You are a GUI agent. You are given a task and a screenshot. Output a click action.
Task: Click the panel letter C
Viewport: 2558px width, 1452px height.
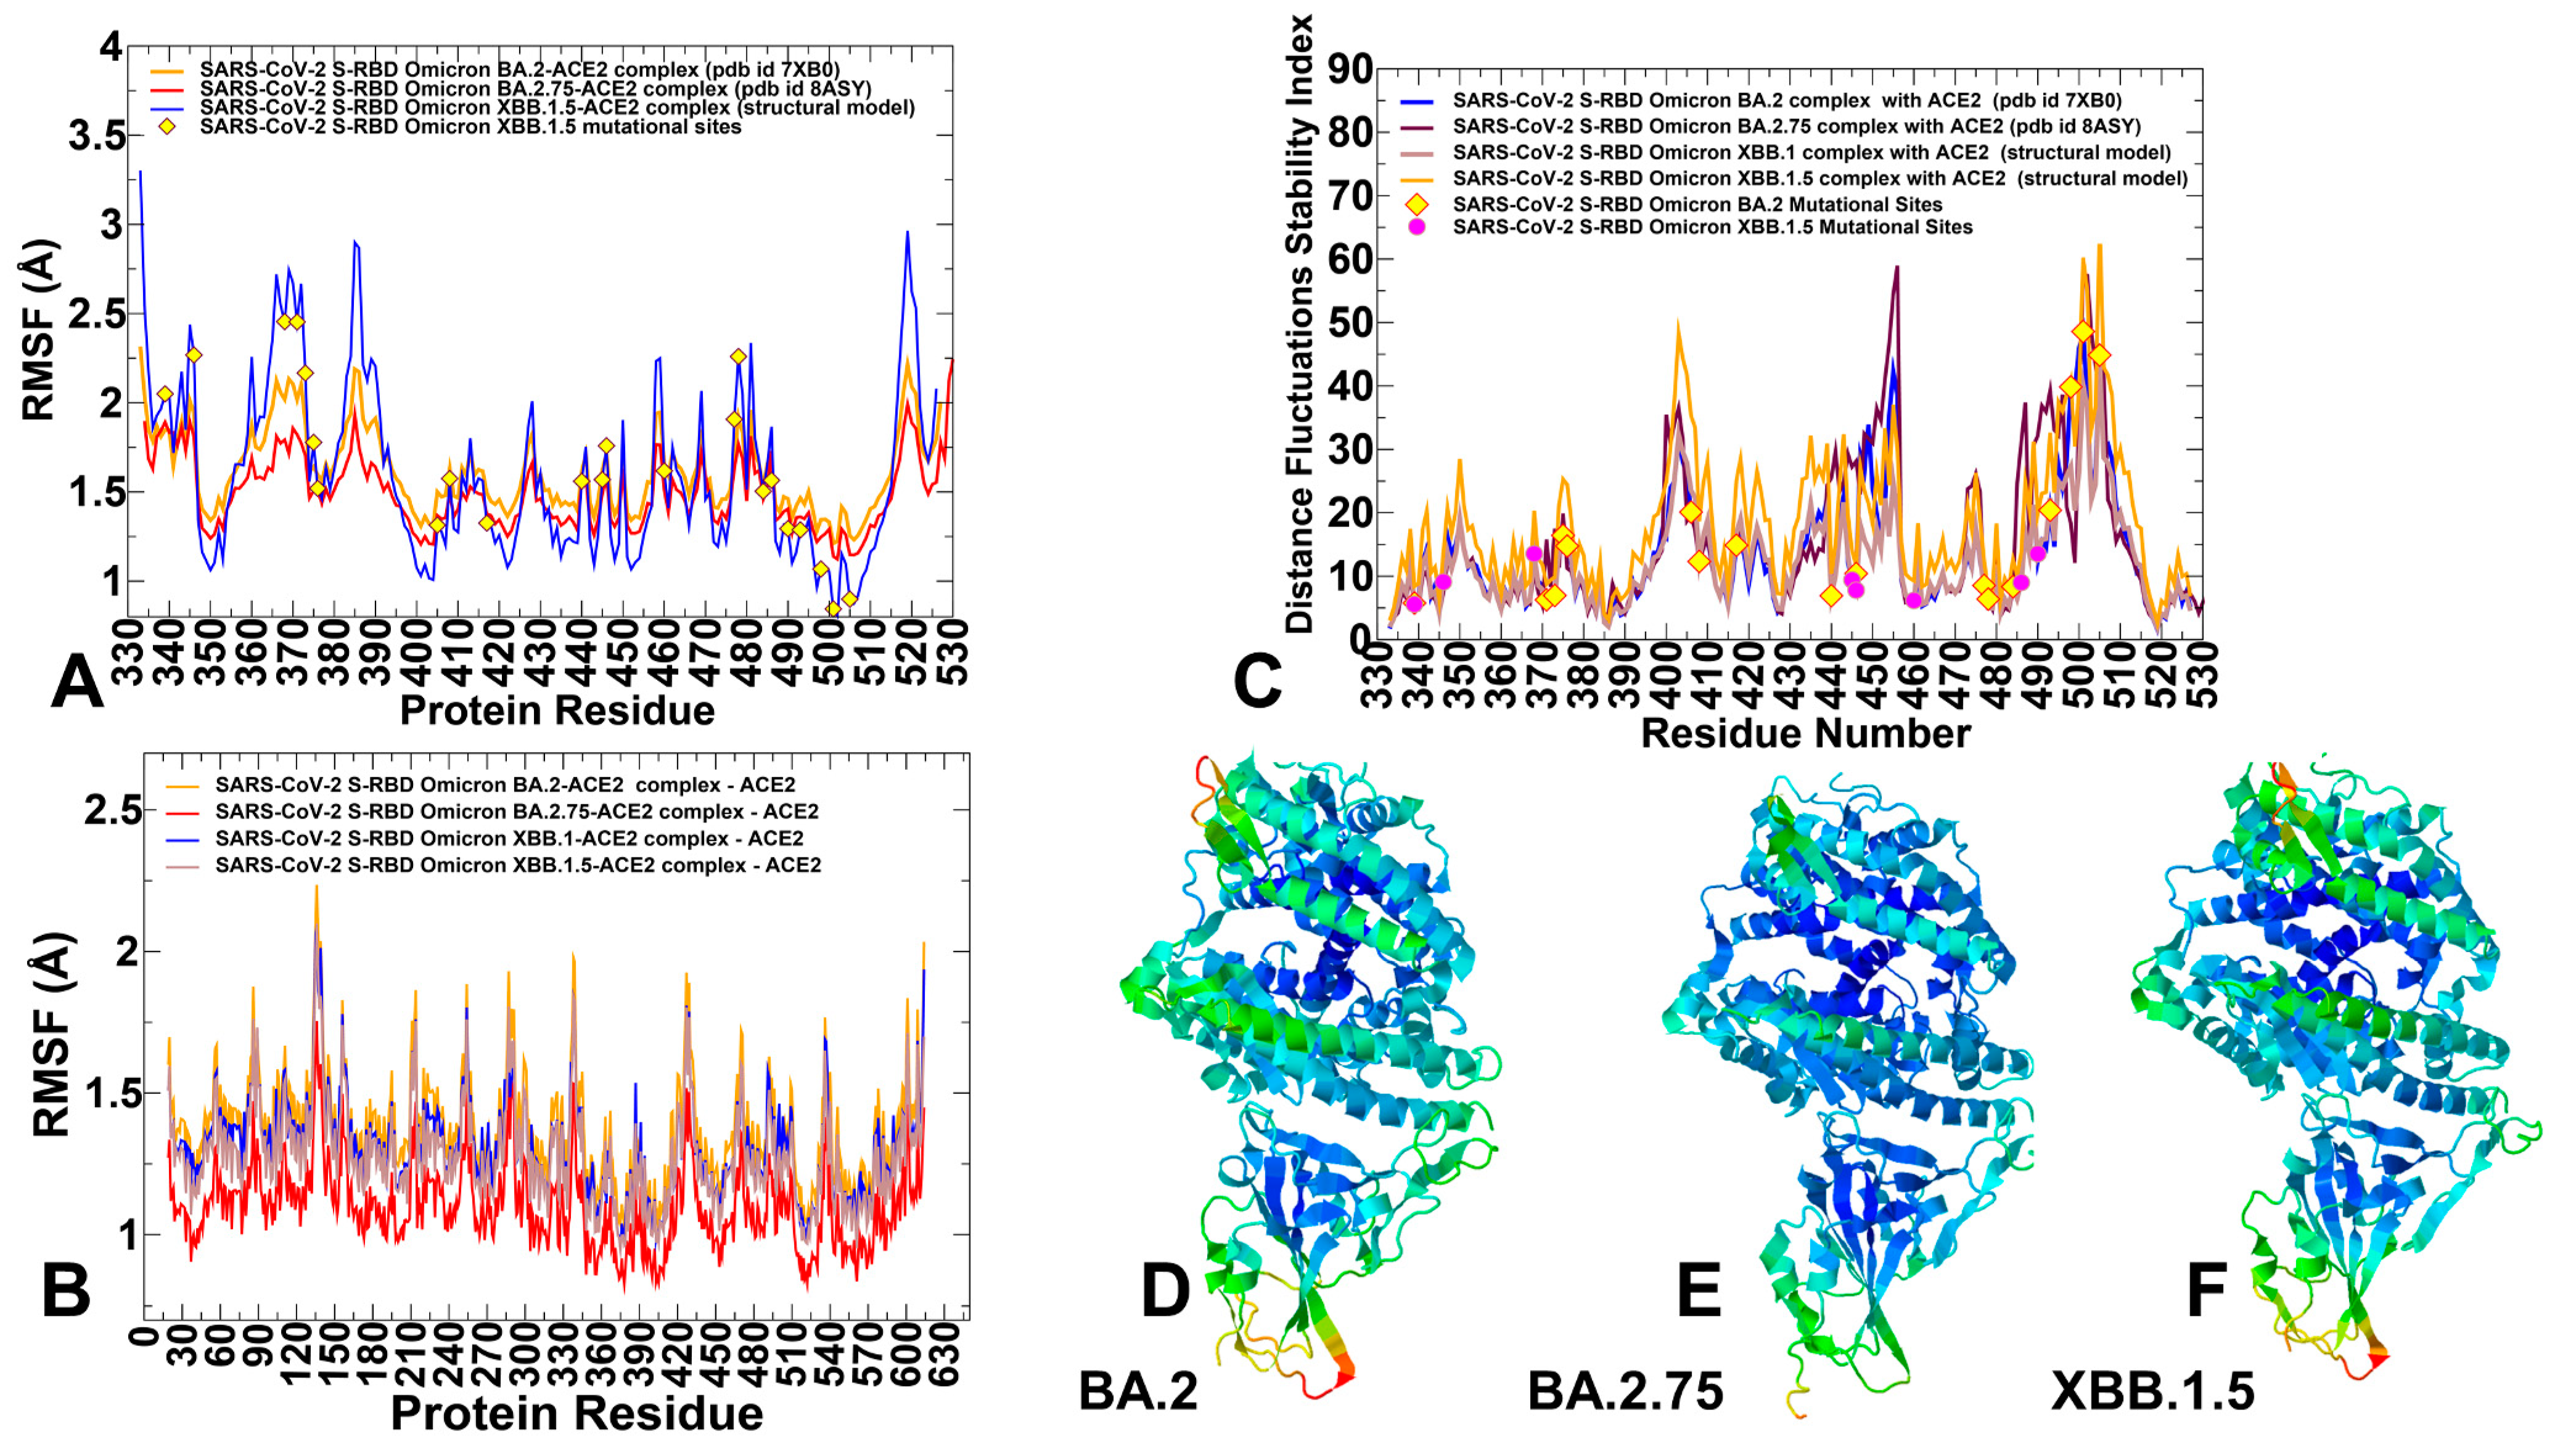(x=1257, y=681)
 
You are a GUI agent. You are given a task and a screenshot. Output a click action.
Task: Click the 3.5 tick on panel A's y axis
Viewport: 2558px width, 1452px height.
(x=97, y=136)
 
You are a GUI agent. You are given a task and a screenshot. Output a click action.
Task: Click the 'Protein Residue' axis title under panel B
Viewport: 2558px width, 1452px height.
(x=576, y=1413)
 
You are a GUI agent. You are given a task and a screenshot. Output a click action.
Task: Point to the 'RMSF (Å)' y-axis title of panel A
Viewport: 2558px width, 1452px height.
(x=38, y=329)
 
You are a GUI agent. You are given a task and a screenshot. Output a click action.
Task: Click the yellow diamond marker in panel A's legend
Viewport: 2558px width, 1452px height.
(x=168, y=127)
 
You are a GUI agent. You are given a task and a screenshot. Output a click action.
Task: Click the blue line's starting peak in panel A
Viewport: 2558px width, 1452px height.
(x=140, y=173)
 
